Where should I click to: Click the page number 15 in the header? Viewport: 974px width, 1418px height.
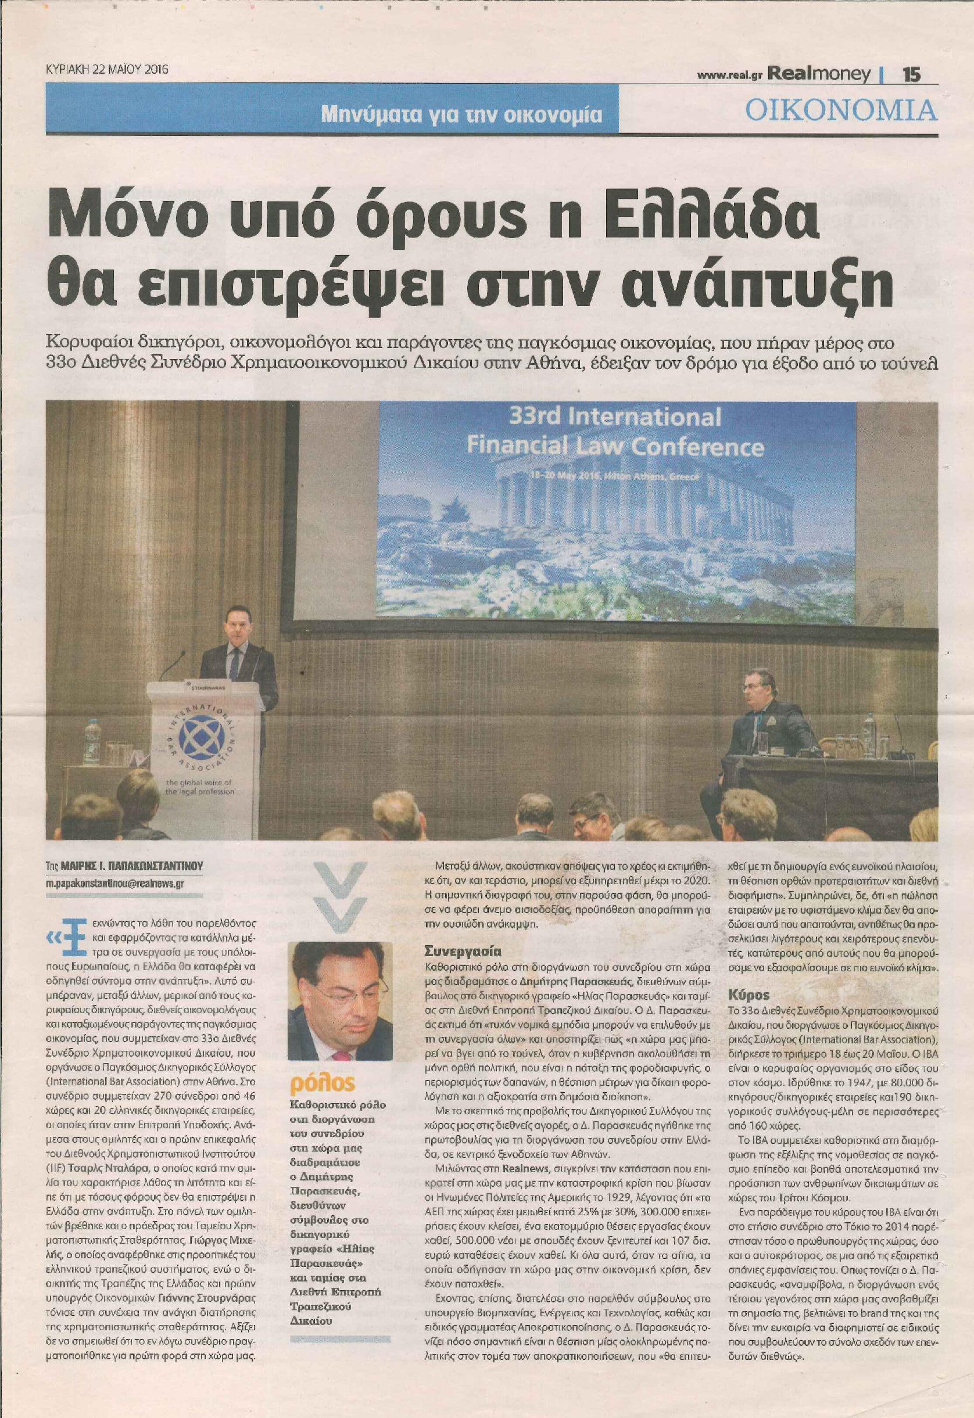(x=911, y=74)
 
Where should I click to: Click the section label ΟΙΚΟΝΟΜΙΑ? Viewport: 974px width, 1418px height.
(x=841, y=110)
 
